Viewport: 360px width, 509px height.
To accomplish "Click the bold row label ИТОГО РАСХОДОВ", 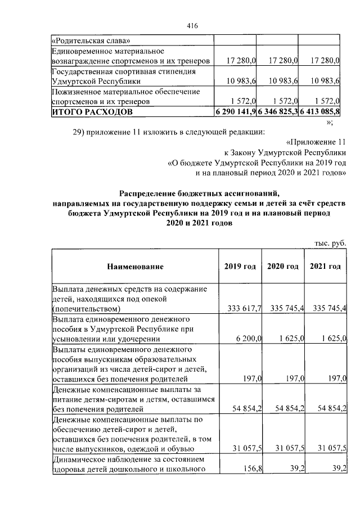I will coord(92,112).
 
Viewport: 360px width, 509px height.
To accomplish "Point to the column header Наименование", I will coord(136,266).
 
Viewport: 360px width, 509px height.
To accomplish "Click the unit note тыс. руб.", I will coord(330,243).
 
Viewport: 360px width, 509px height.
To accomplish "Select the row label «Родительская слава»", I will coord(91,40).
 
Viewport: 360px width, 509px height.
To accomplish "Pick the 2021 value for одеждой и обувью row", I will coord(327,448).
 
